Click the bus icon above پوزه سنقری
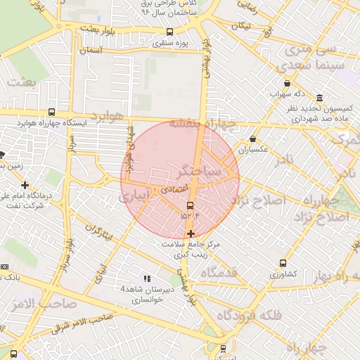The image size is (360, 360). click(169, 32)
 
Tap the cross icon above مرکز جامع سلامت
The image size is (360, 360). click(191, 233)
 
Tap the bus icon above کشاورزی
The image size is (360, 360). click(283, 263)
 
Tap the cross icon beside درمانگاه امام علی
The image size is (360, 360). click(25, 185)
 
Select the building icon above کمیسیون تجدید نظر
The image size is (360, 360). click(320, 97)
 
